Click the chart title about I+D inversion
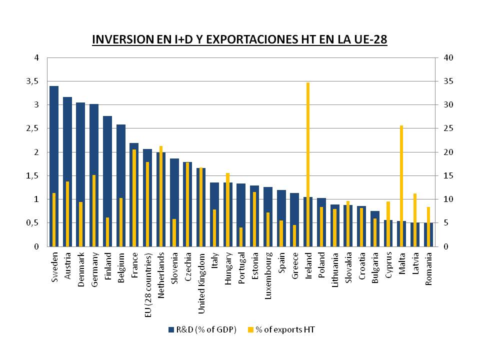(x=239, y=40)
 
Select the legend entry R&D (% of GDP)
(x=202, y=329)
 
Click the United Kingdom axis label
(x=201, y=283)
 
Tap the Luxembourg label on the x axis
(x=268, y=276)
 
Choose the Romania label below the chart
(x=428, y=270)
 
